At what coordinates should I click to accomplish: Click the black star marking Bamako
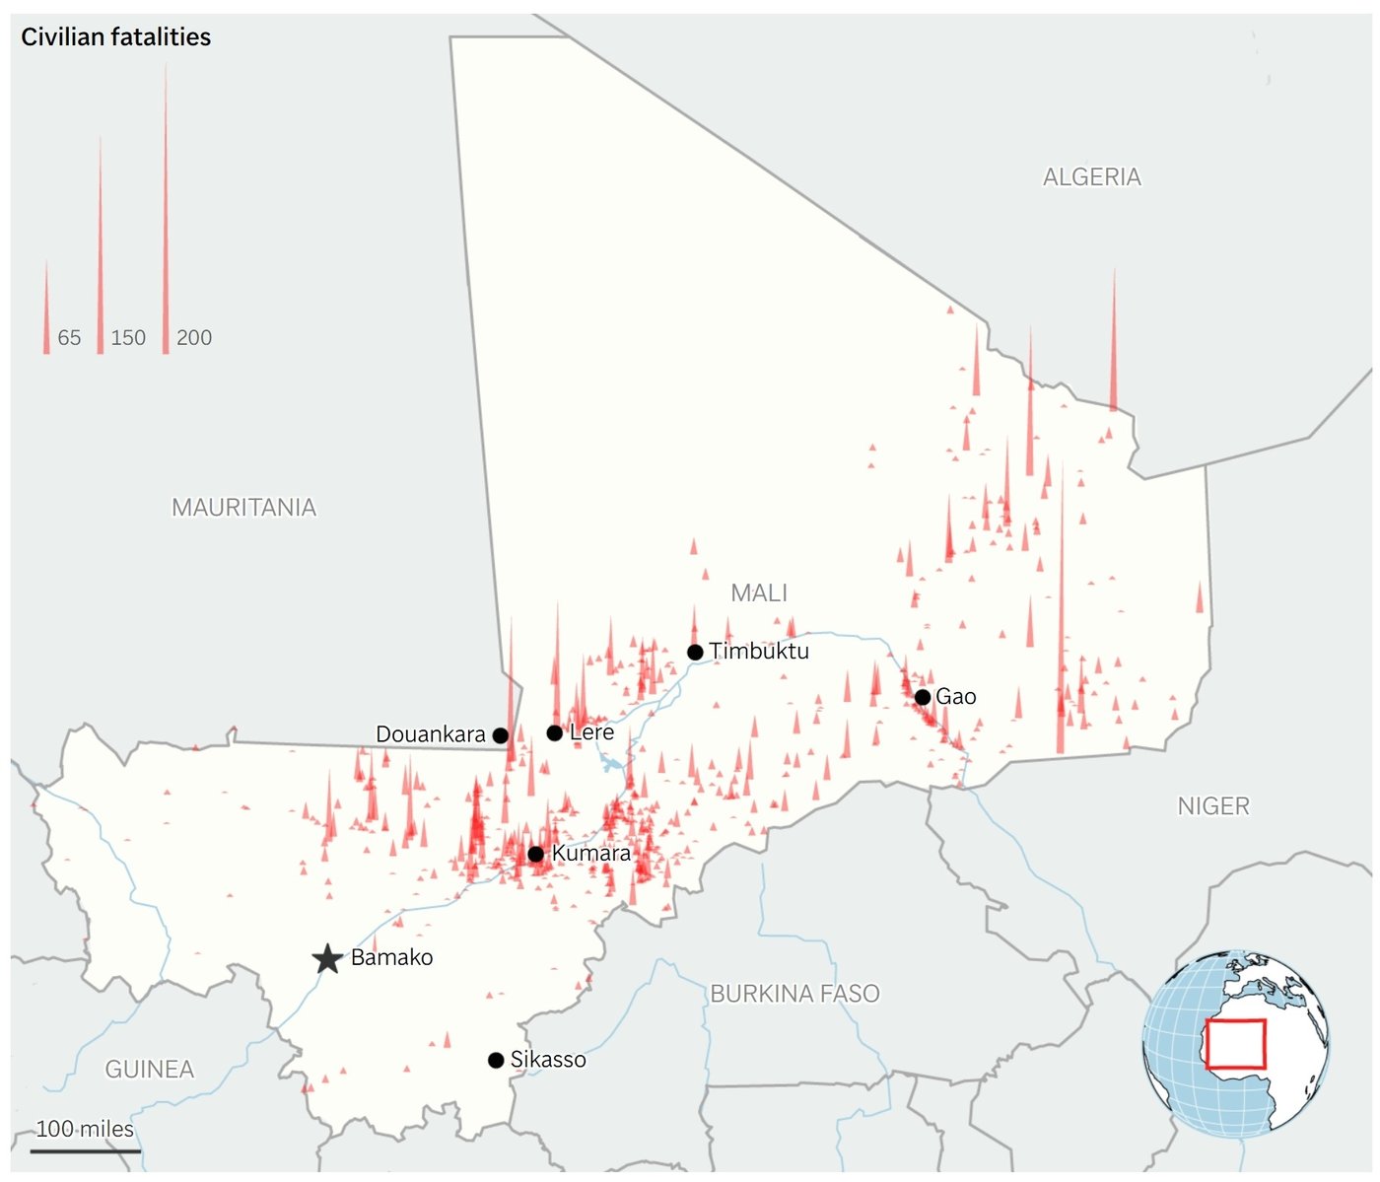pos(327,958)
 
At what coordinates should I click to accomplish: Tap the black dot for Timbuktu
pos(695,652)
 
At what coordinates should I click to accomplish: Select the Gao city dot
pos(923,697)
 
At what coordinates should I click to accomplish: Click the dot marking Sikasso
pos(496,1060)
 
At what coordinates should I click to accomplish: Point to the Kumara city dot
pos(535,854)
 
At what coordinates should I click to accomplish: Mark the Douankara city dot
pos(500,735)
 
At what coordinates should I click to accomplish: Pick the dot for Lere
pos(555,732)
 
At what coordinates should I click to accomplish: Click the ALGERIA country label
pos(1092,177)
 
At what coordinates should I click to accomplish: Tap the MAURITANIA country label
pos(243,508)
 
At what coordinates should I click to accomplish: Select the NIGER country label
pos(1213,806)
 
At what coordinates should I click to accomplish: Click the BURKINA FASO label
pos(794,994)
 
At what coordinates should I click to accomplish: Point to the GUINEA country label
pos(150,1070)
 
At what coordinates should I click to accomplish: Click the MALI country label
pos(759,593)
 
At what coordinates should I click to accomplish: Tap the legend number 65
pos(69,338)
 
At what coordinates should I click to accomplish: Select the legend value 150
pos(128,338)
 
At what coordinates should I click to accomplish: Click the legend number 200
pos(194,338)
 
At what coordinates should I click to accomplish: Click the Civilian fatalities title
pos(116,37)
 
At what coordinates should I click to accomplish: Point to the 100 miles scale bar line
pos(86,1149)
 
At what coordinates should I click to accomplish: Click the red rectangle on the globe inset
pos(1235,1045)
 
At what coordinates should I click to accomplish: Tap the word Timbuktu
pos(759,652)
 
